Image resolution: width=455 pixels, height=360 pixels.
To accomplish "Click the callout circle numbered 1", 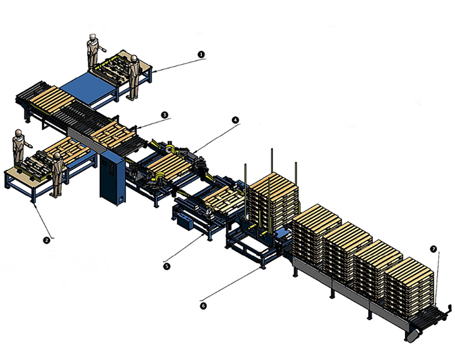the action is point(201,54).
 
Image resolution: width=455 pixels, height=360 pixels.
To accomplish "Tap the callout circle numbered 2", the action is point(46,240).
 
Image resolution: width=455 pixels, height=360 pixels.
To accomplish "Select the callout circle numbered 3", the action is point(165,115).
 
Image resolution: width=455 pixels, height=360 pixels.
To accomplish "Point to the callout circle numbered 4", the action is point(235,120).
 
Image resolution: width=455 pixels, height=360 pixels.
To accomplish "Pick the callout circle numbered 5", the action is point(166,266).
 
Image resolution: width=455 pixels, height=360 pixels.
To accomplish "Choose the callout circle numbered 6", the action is point(203,306).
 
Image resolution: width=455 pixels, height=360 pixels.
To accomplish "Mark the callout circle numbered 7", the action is point(433,249).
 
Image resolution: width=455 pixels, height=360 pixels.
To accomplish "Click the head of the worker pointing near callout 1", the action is point(93,37).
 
